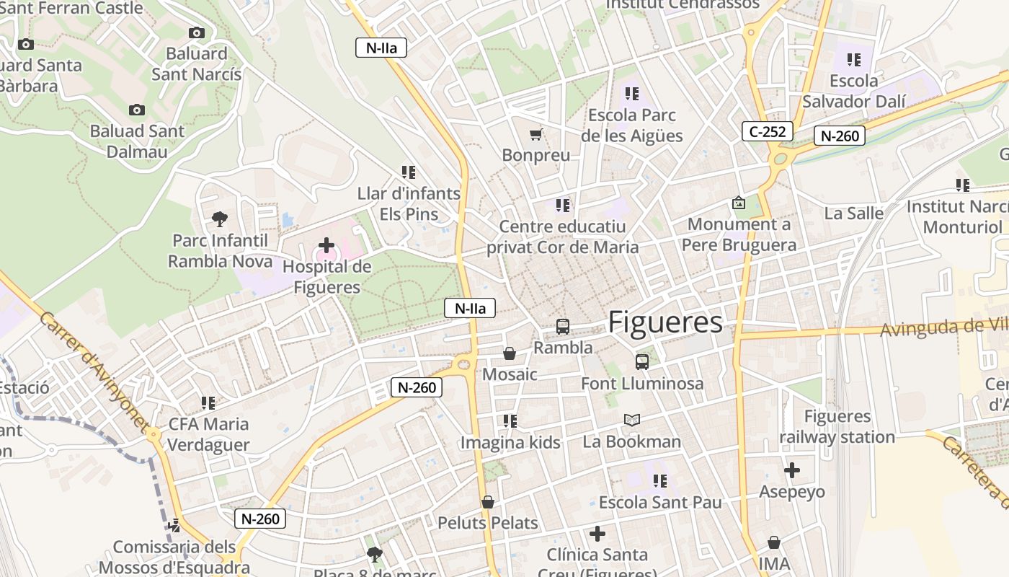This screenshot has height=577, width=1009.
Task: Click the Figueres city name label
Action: [x=665, y=322]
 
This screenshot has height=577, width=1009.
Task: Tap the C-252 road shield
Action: [x=768, y=131]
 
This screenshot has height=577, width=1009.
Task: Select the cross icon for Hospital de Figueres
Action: [x=326, y=245]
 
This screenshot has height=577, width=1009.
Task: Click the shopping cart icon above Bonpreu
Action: [x=535, y=134]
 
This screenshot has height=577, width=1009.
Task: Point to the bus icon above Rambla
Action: [x=563, y=327]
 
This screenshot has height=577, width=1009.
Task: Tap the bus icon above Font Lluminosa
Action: [x=642, y=362]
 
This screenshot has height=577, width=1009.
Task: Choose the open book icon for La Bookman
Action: [x=632, y=420]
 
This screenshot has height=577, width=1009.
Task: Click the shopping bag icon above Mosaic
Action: [x=510, y=353]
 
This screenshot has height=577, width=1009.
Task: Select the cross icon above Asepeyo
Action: [x=792, y=471]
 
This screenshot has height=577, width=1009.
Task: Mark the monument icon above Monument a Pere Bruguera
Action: [x=739, y=203]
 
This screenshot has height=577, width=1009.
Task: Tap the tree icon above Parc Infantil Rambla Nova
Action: [x=220, y=219]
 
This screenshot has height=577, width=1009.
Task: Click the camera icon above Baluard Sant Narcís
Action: [x=197, y=32]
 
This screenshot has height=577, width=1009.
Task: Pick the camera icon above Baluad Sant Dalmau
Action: [x=137, y=110]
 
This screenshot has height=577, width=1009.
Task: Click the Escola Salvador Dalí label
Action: [x=854, y=91]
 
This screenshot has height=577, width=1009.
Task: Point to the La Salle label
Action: [x=854, y=213]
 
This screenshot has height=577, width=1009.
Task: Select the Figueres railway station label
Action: [x=837, y=427]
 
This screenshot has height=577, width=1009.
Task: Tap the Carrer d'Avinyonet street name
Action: [x=94, y=371]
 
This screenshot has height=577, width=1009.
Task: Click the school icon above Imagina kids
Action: [x=510, y=420]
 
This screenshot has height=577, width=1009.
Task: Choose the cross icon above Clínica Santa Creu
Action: [x=597, y=534]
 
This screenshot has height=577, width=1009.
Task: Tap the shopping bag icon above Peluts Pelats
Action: [x=488, y=501]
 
